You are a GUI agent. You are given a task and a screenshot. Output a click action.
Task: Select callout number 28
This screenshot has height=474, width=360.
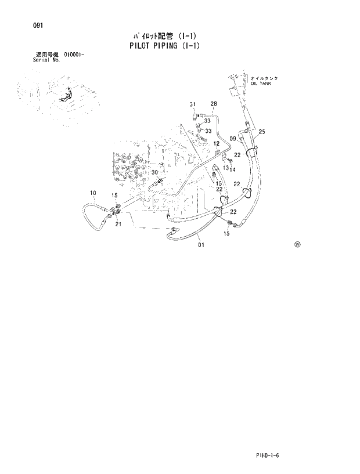coord(214,104)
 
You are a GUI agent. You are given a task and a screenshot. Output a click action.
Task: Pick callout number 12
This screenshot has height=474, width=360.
coord(216,143)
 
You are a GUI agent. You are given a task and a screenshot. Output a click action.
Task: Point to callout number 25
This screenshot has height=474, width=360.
coord(262,132)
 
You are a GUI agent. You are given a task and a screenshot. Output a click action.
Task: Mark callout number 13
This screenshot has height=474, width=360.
coord(225,168)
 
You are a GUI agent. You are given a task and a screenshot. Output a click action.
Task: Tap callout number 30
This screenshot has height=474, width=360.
coord(154,172)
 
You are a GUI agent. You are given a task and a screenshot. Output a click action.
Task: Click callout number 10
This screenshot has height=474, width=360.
coord(92,193)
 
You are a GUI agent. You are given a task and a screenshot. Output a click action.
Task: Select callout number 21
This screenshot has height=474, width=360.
coord(118,225)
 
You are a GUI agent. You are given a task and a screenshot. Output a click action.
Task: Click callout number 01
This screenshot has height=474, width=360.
coord(201,245)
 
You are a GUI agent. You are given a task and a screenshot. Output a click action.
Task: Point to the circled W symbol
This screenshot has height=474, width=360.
coord(297,244)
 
